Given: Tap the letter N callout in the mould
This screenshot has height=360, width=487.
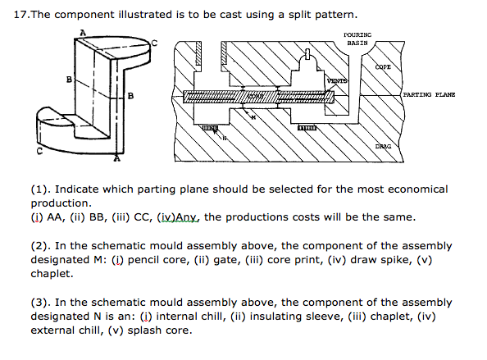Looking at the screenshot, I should coord(225,139).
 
